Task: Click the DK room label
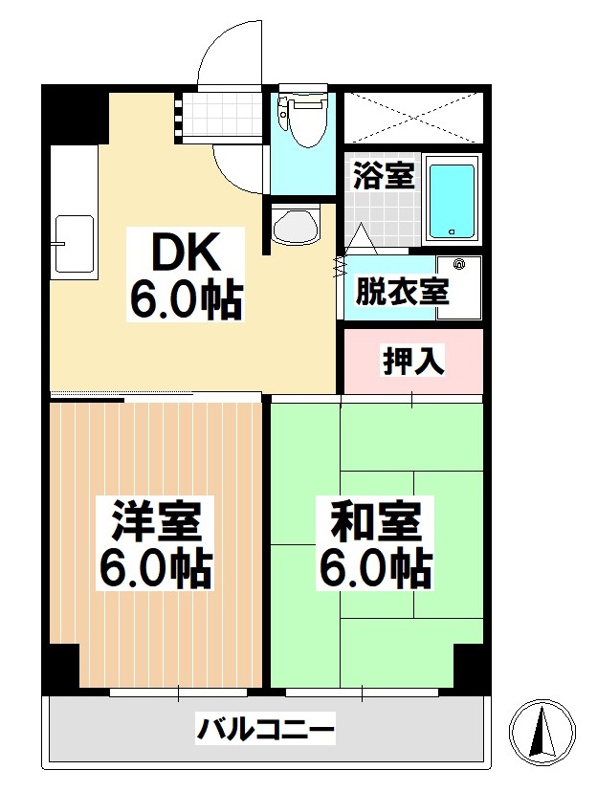(x=188, y=254)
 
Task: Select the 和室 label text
(x=376, y=523)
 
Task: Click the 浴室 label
(x=384, y=177)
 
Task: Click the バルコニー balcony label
(x=266, y=732)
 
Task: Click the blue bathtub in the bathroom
(x=451, y=201)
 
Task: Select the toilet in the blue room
(x=304, y=119)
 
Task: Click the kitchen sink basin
(x=74, y=244)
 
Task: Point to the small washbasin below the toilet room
(x=295, y=227)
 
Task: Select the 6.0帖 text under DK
(x=188, y=301)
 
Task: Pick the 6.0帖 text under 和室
(x=376, y=570)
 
